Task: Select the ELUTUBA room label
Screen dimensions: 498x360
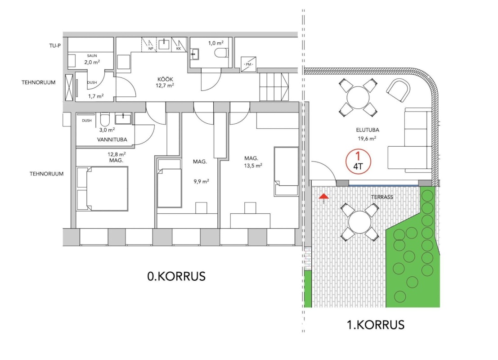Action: pos(368,130)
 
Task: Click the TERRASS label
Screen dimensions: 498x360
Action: pos(382,197)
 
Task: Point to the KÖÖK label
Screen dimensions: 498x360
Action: pos(165,79)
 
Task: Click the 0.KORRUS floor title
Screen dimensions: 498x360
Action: pos(176,276)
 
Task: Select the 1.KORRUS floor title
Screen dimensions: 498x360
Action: pos(376,325)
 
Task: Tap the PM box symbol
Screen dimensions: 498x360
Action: pos(248,64)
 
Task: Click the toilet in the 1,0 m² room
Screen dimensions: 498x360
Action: pos(221,53)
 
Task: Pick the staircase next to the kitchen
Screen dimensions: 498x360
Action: pos(274,86)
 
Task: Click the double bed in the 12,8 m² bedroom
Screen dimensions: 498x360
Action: pos(103,189)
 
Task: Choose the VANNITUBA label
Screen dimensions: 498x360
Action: pos(112,139)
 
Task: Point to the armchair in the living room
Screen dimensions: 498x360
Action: pos(398,90)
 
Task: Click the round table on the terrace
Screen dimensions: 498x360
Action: pos(359,222)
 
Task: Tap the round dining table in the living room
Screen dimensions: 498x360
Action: pos(358,98)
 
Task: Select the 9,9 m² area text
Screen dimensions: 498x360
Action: pos(202,181)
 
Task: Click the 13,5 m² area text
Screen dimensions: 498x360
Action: pos(253,166)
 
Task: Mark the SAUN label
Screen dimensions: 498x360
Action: pos(92,56)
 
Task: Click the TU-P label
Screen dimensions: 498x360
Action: pos(55,46)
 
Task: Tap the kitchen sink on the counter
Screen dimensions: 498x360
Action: pos(164,44)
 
